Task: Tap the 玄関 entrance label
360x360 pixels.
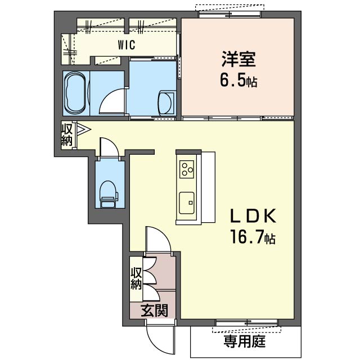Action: (152, 310)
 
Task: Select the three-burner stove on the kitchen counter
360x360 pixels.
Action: (187, 167)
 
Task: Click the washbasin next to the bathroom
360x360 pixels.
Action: (167, 103)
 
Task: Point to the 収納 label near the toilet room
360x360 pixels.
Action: (67, 136)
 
